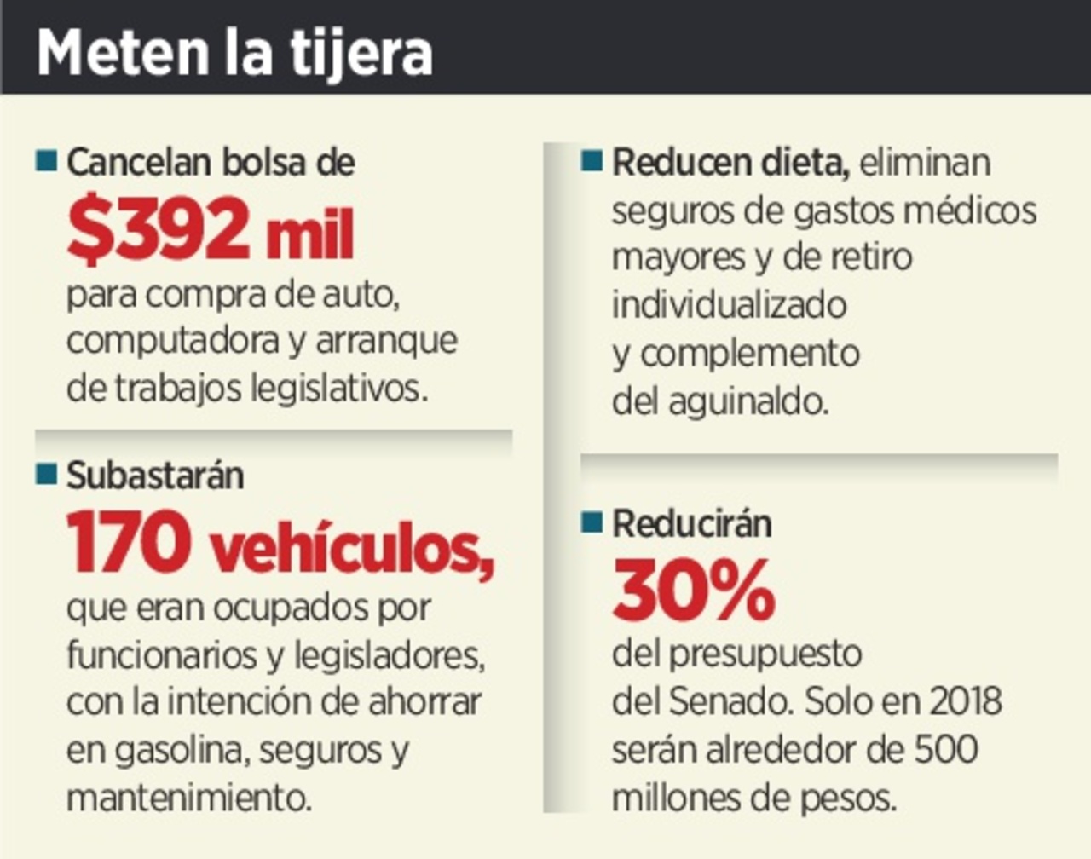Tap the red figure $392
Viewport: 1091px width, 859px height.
pyautogui.click(x=158, y=229)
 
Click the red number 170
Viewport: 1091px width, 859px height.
pyautogui.click(x=129, y=543)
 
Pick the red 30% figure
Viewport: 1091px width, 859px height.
pyautogui.click(x=693, y=590)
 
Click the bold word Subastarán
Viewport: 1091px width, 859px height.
pyautogui.click(x=155, y=476)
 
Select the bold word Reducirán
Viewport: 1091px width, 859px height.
pyautogui.click(x=691, y=523)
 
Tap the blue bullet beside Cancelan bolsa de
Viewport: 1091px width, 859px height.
pyautogui.click(x=47, y=160)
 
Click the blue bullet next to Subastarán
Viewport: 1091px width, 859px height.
pyautogui.click(x=47, y=474)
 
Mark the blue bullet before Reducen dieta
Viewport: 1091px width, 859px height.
pyautogui.click(x=592, y=160)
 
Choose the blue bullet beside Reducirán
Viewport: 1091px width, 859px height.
pyautogui.click(x=592, y=522)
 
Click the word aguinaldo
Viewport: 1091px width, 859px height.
pyautogui.click(x=748, y=401)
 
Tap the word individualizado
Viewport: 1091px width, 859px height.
pyautogui.click(x=729, y=305)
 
